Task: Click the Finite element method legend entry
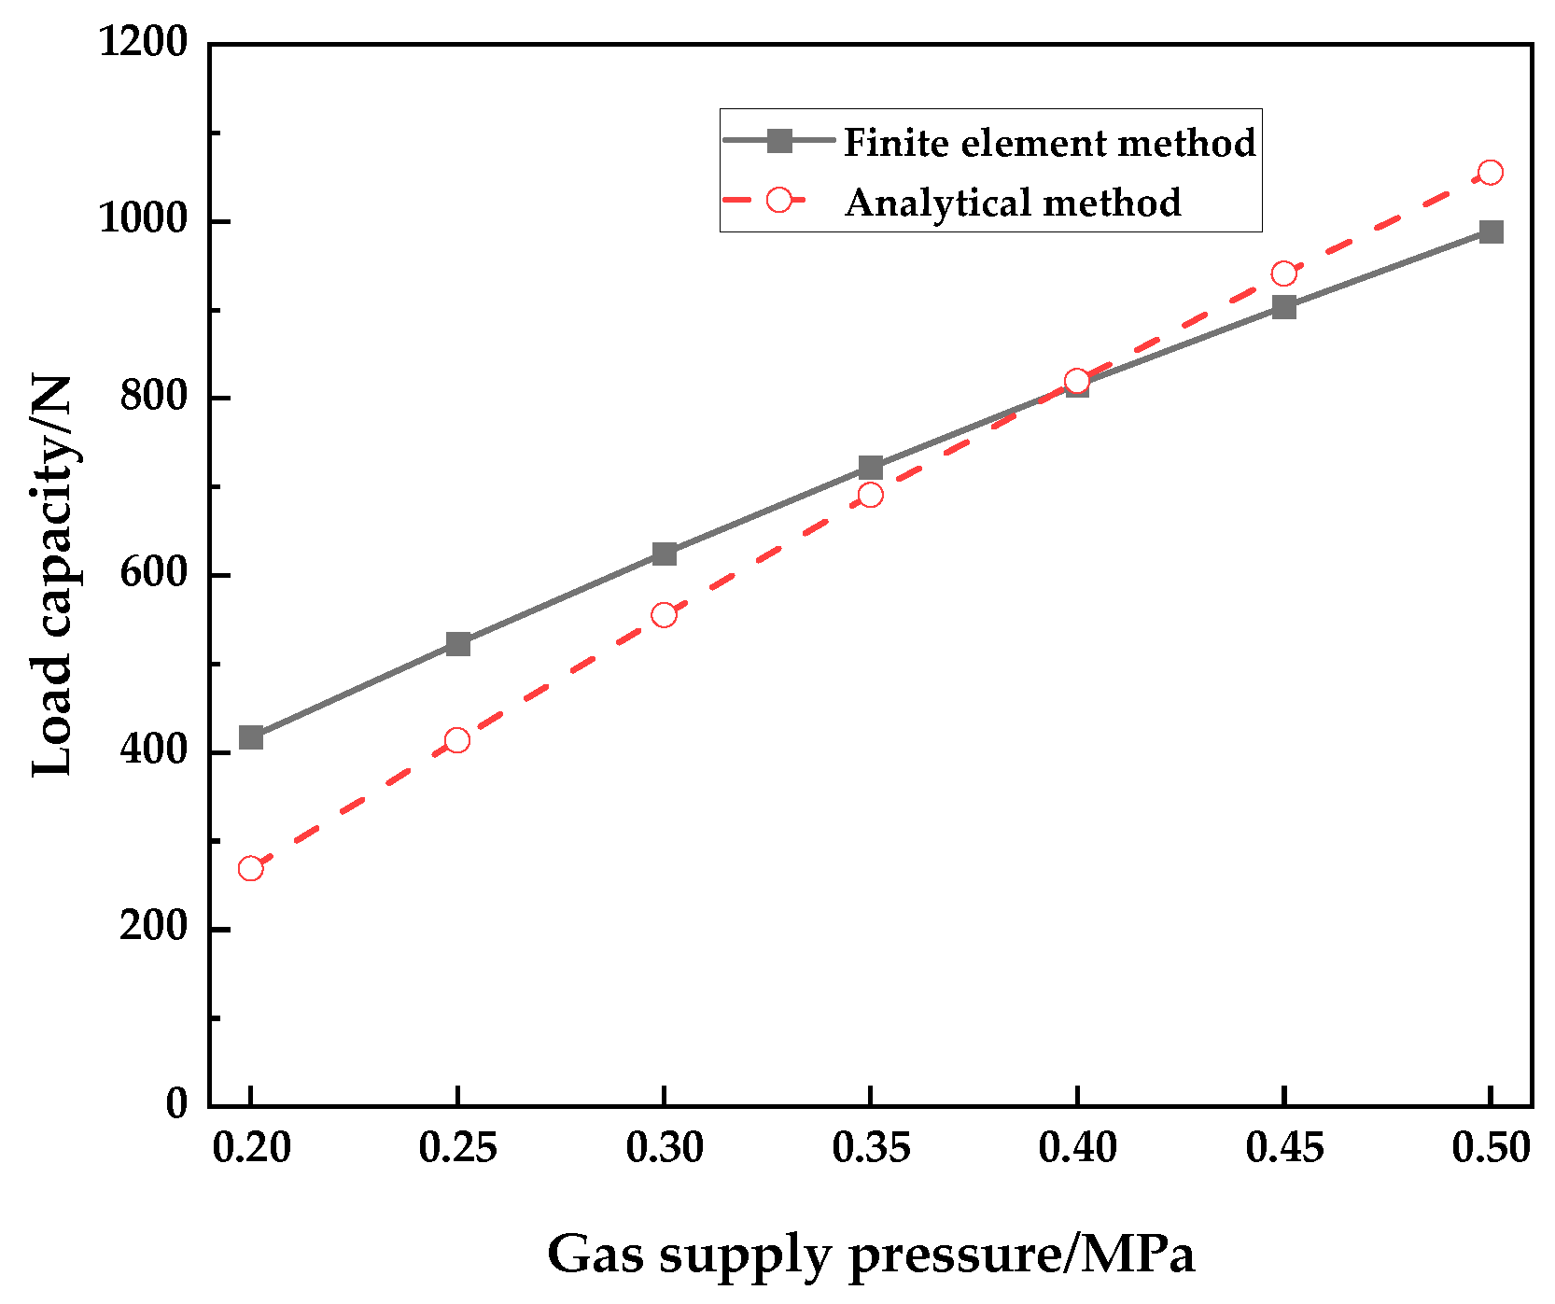pyautogui.click(x=1049, y=143)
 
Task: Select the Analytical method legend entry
pyautogui.click(x=1013, y=203)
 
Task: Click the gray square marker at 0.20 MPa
pyautogui.click(x=251, y=737)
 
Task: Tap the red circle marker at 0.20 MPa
pyautogui.click(x=250, y=868)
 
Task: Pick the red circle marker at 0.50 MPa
pyautogui.click(x=1491, y=173)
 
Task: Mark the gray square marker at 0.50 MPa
pyautogui.click(x=1491, y=231)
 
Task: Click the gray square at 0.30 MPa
pyautogui.click(x=664, y=554)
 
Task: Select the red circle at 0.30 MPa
pyautogui.click(x=664, y=614)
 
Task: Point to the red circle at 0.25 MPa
pyautogui.click(x=457, y=740)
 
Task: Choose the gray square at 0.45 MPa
pyautogui.click(x=1283, y=307)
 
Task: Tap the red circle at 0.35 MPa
pyautogui.click(x=870, y=494)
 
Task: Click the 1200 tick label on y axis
pyautogui.click(x=143, y=43)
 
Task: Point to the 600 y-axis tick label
pyautogui.click(x=153, y=574)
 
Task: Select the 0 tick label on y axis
pyautogui.click(x=176, y=1104)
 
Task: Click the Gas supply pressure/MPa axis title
pyautogui.click(x=870, y=1254)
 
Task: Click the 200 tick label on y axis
pyautogui.click(x=153, y=928)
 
